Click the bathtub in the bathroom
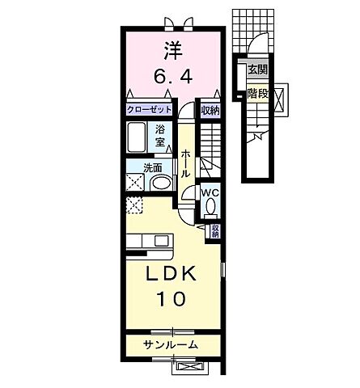tap(138, 137)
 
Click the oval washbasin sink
tap(160, 182)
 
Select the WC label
tap(210, 192)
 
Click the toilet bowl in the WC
tap(210, 208)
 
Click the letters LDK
tap(172, 275)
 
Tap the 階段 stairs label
tap(257, 93)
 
